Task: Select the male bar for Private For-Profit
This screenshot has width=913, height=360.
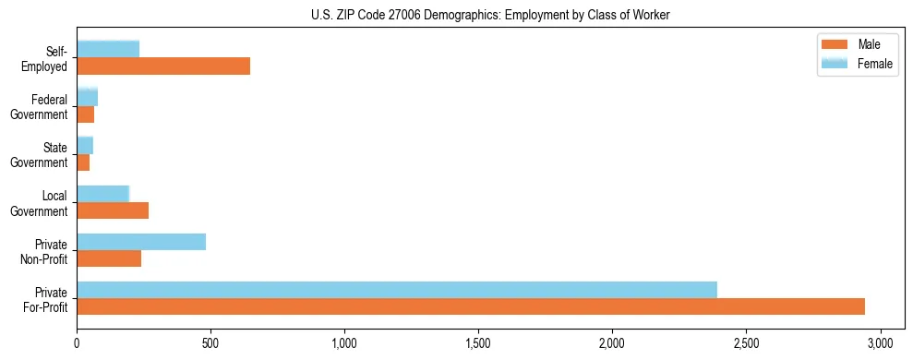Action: [x=471, y=306]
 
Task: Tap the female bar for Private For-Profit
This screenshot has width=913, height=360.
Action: [x=397, y=290]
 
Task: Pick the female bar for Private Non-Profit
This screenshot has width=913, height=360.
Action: [x=141, y=242]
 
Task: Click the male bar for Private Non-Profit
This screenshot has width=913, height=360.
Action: [x=109, y=258]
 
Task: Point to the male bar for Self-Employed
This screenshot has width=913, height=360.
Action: [x=163, y=66]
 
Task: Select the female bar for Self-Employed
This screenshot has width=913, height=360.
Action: [x=108, y=50]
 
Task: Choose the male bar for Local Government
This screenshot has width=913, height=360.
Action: [x=113, y=210]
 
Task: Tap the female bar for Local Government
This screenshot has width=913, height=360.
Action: [x=102, y=194]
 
